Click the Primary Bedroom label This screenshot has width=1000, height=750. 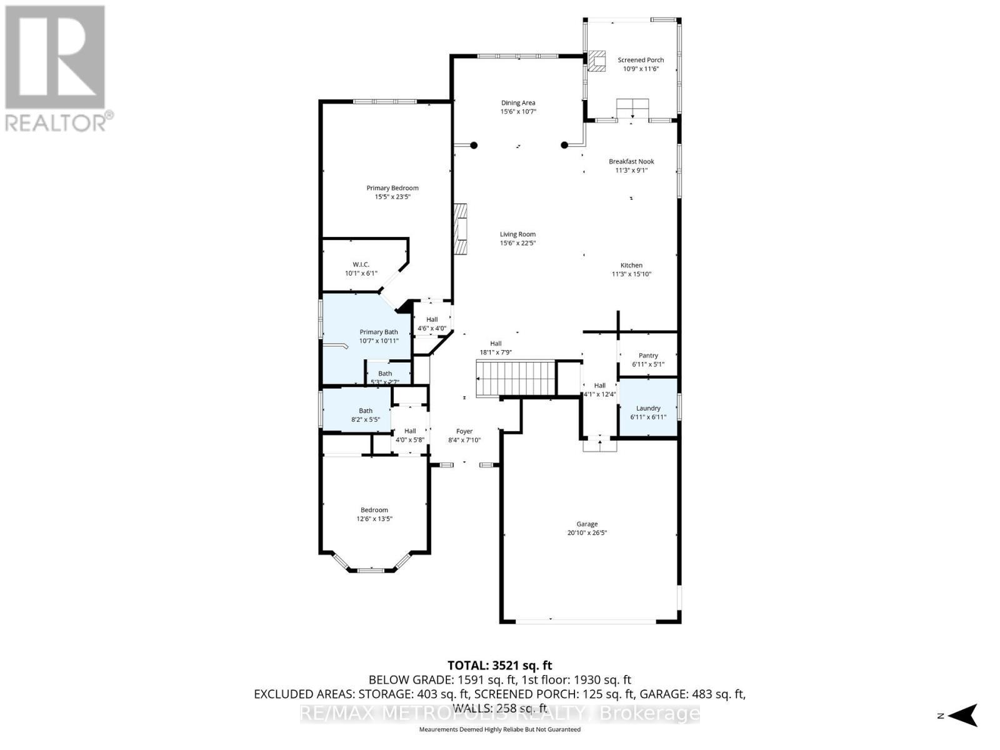click(392, 188)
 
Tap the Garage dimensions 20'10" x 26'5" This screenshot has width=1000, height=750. click(587, 533)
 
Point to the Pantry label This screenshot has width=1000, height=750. click(648, 356)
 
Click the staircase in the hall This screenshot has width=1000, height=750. click(516, 378)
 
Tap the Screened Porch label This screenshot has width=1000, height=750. click(641, 60)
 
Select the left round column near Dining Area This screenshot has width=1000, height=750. click(474, 145)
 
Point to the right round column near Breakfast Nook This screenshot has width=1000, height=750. click(564, 145)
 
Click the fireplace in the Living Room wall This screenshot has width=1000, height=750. click(461, 229)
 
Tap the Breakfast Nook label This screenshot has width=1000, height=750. click(631, 161)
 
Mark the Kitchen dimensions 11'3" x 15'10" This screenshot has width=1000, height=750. click(631, 274)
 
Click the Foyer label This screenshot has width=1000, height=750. click(464, 431)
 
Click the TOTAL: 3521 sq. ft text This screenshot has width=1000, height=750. click(500, 666)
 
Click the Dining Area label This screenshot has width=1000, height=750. click(518, 103)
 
